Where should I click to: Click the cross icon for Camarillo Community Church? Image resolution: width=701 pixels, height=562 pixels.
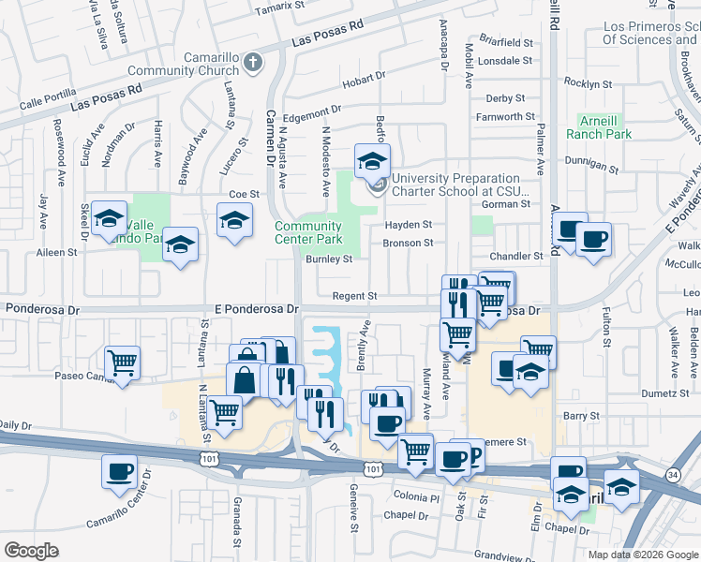(x=252, y=63)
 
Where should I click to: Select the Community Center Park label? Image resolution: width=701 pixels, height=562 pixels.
(x=307, y=232)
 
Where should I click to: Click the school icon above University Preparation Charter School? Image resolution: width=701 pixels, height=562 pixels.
(x=372, y=160)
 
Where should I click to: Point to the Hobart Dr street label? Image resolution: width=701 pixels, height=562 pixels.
(x=364, y=80)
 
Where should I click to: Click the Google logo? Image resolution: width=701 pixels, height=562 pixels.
(x=31, y=550)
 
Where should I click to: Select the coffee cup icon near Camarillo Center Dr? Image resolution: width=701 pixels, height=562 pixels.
(x=119, y=472)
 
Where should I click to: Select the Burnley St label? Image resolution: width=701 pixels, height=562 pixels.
(x=327, y=259)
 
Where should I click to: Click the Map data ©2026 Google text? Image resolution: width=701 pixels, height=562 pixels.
(x=642, y=554)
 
